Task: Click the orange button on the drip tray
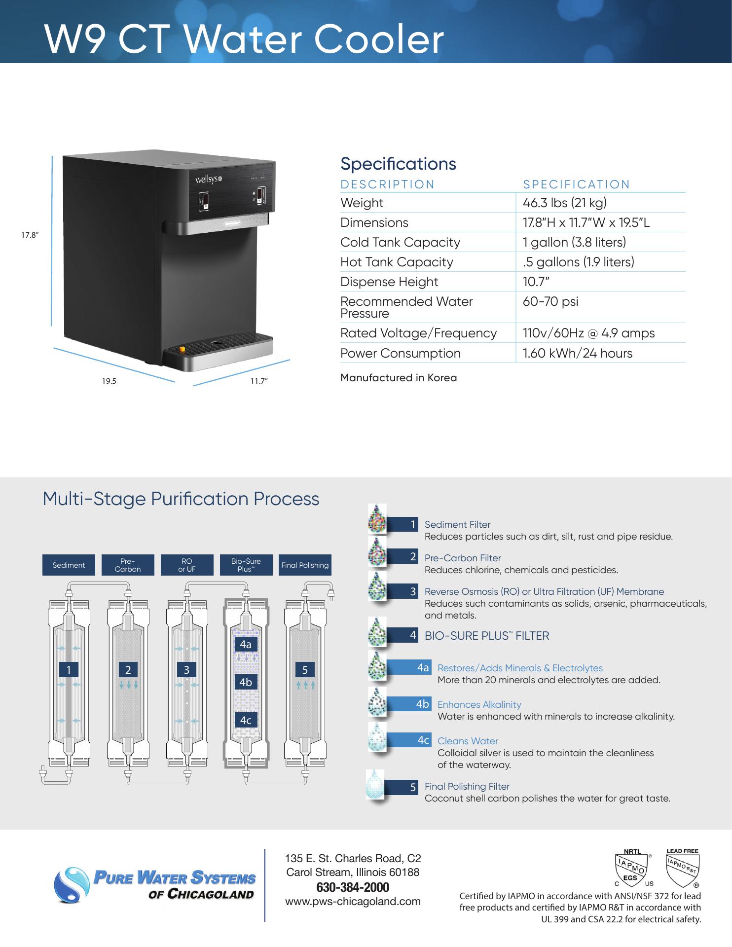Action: [x=182, y=350]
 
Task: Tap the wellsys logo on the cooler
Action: [x=207, y=179]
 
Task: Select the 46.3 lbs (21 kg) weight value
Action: [x=564, y=203]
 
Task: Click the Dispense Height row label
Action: [x=389, y=282]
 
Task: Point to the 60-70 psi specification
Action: [x=550, y=301]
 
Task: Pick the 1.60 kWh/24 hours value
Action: [x=577, y=353]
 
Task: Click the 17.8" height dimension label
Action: [x=29, y=235]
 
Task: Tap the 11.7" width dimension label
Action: [x=258, y=381]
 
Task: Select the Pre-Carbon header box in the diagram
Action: [x=128, y=565]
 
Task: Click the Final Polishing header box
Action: [x=305, y=565]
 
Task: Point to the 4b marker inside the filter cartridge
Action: [x=246, y=682]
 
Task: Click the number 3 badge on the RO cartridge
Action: [x=186, y=669]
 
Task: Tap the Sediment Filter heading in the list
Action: [x=457, y=524]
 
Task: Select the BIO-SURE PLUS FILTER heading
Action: [x=486, y=636]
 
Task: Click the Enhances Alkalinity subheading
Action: [x=479, y=704]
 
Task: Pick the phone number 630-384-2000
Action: [x=353, y=887]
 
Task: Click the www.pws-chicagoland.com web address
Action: [x=353, y=902]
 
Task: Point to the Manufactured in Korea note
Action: [x=399, y=378]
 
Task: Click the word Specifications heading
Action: [x=398, y=164]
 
